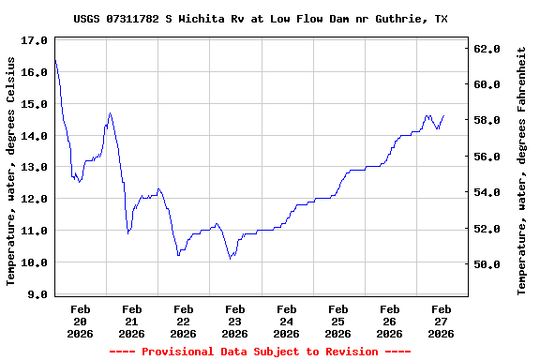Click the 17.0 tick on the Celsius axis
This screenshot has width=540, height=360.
click(34, 41)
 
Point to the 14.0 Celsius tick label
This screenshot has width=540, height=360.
click(34, 136)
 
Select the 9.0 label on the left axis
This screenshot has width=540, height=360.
click(37, 294)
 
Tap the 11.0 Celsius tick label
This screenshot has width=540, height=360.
click(34, 231)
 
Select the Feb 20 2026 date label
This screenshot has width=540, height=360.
click(81, 321)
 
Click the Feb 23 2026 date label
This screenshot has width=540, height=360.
click(235, 321)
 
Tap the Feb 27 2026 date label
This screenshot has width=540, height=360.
click(442, 321)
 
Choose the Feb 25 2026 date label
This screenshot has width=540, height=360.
click(338, 321)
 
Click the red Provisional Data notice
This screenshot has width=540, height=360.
click(260, 352)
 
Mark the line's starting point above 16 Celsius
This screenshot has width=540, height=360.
click(55, 60)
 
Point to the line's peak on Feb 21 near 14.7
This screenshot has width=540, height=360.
click(110, 113)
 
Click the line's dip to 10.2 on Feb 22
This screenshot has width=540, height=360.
click(178, 255)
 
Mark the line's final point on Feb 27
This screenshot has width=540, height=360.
click(444, 115)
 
